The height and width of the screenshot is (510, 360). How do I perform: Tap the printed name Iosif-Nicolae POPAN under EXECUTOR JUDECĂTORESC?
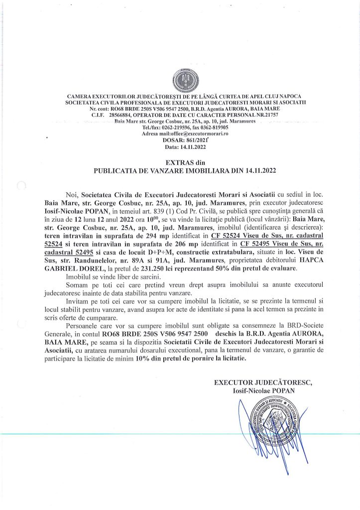[x=263, y=390]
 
